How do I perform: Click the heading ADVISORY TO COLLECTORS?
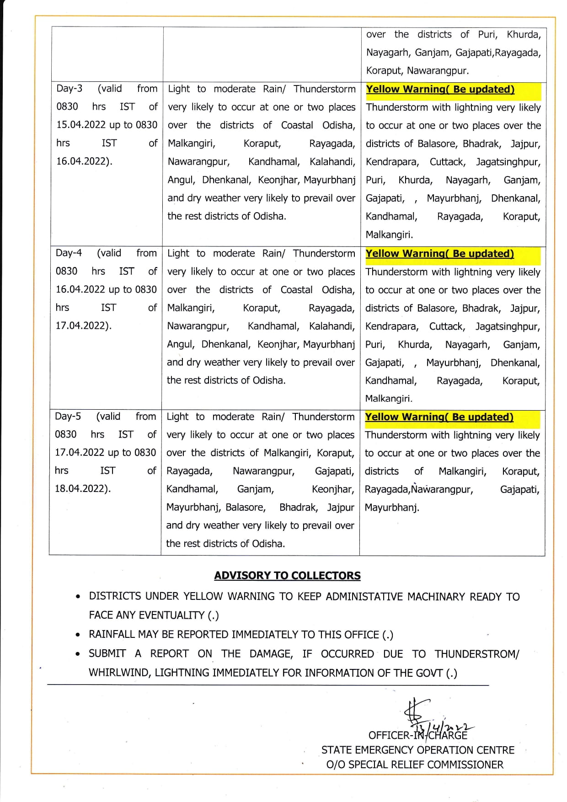click(x=287, y=576)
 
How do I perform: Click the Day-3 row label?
click(x=70, y=89)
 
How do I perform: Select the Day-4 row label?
click(x=69, y=253)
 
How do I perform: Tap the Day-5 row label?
click(x=68, y=417)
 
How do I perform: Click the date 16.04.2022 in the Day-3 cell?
click(x=82, y=161)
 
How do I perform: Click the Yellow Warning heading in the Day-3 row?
click(x=440, y=90)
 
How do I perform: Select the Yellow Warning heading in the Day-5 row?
click(x=439, y=417)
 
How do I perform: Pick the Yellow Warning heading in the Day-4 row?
click(x=439, y=254)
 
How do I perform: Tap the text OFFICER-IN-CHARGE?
click(x=417, y=735)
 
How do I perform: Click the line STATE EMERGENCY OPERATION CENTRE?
click(x=417, y=750)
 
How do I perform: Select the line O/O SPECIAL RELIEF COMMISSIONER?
click(x=415, y=765)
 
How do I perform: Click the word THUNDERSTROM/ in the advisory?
click(x=477, y=654)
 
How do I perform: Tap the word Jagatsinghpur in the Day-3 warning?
click(x=508, y=162)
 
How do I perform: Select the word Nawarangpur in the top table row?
click(x=437, y=71)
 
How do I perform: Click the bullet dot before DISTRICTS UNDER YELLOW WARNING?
click(x=79, y=597)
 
